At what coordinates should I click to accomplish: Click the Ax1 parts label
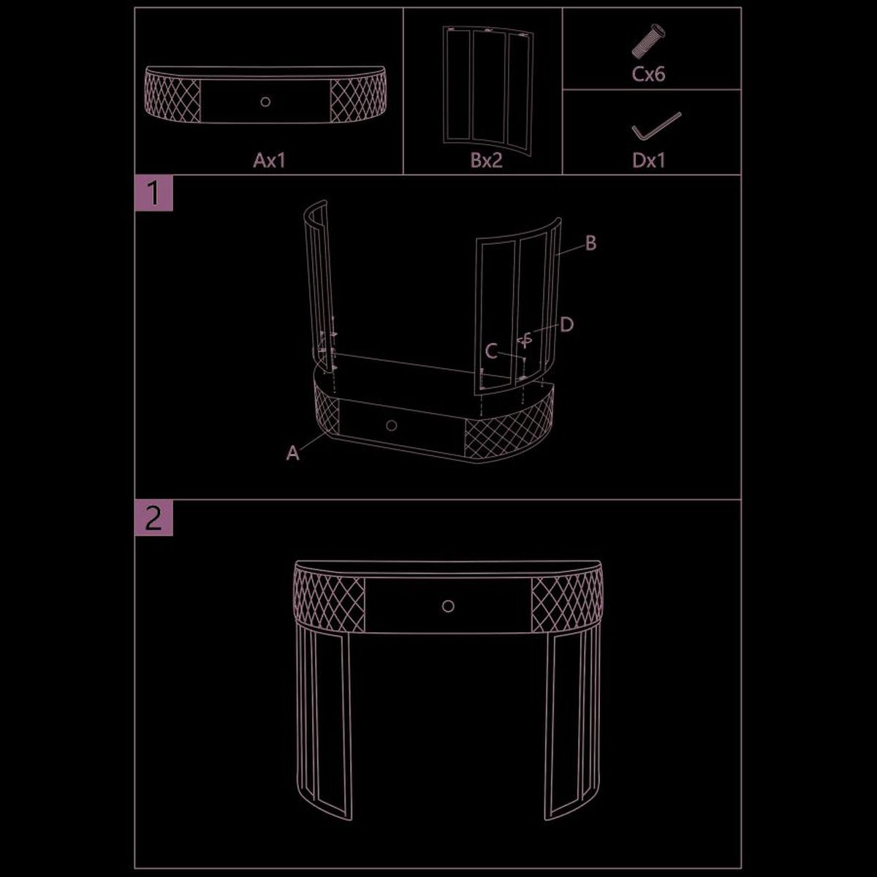pos(269,160)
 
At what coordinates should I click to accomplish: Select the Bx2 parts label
pos(487,160)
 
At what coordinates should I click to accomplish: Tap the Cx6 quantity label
pos(648,74)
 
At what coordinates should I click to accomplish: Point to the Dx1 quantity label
pos(648,160)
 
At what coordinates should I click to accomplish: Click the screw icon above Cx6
pos(648,41)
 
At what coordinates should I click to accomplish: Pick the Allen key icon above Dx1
pos(656,126)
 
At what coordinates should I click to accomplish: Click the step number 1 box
pos(153,193)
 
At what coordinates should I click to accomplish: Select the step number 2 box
pos(153,517)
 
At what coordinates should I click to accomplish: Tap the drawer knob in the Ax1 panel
pos(265,102)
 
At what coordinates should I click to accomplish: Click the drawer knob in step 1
pos(391,425)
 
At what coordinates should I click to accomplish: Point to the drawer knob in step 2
pos(448,606)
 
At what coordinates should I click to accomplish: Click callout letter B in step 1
pos(591,243)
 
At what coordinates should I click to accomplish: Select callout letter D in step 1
pos(566,325)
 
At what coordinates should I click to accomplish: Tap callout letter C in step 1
pos(492,352)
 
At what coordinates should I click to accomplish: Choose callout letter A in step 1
pos(292,453)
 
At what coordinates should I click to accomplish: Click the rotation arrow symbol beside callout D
pos(526,341)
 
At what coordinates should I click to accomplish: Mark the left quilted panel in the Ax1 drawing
pos(173,96)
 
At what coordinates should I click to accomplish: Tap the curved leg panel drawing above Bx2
pos(488,88)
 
